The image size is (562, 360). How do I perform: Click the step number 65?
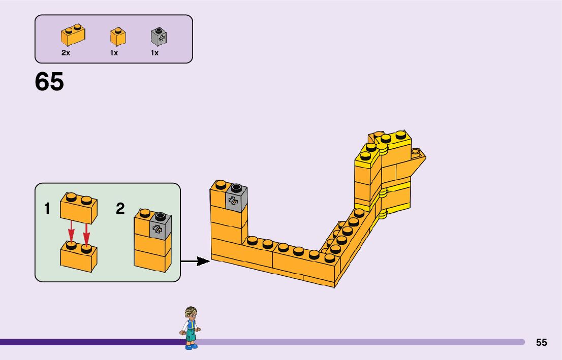click(49, 82)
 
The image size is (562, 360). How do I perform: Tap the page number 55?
click(542, 342)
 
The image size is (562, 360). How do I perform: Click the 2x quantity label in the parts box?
click(66, 53)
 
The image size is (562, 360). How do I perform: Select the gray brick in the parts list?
click(159, 36)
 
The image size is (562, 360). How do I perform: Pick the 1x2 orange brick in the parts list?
click(73, 35)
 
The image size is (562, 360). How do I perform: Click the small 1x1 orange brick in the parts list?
click(118, 37)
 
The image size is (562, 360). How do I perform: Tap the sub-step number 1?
click(47, 208)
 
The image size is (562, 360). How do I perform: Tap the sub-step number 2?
click(120, 208)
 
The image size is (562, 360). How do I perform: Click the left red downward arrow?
click(71, 233)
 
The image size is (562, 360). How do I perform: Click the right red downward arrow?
click(86, 233)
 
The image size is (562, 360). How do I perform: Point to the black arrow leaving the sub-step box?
click(196, 261)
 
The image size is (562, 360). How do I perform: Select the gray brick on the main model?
click(236, 198)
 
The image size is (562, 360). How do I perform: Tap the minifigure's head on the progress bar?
click(191, 313)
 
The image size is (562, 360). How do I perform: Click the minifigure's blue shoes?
click(191, 346)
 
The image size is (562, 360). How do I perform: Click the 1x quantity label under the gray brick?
click(154, 53)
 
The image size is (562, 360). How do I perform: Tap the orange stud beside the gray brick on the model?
click(221, 185)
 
